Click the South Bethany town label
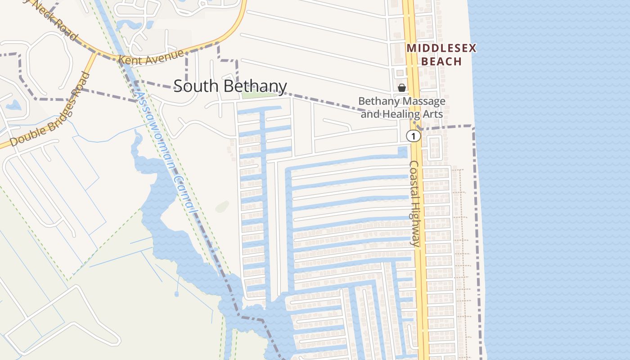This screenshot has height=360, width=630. (230, 86)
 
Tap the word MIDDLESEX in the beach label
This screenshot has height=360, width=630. (441, 48)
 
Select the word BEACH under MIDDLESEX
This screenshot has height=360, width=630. (441, 61)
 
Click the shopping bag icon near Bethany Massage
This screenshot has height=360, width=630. (402, 87)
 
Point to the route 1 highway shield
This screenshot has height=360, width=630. (414, 136)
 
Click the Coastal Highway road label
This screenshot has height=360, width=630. (414, 203)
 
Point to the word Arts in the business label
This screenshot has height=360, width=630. (433, 114)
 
